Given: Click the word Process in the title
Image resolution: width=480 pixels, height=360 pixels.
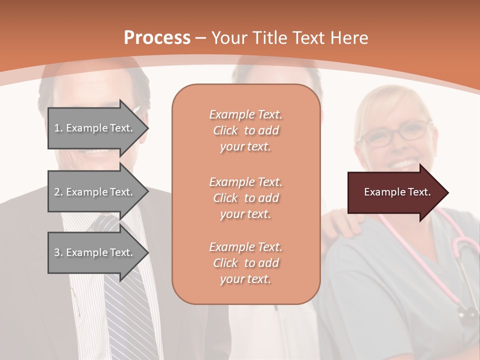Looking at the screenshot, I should (157, 38).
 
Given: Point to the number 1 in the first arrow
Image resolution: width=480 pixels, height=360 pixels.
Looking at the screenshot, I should (57, 128).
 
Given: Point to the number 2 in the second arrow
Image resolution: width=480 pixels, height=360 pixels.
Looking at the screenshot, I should (57, 192).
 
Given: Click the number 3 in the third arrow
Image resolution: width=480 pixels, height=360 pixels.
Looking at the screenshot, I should (57, 252).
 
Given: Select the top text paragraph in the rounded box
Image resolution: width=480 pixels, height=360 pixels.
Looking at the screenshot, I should (245, 130).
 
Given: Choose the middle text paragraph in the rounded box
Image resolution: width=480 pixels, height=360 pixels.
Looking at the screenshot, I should (245, 198).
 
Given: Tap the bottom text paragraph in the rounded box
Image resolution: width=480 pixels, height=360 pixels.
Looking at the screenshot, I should (245, 263).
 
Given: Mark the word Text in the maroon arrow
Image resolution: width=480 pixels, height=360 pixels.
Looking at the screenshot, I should (419, 192).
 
